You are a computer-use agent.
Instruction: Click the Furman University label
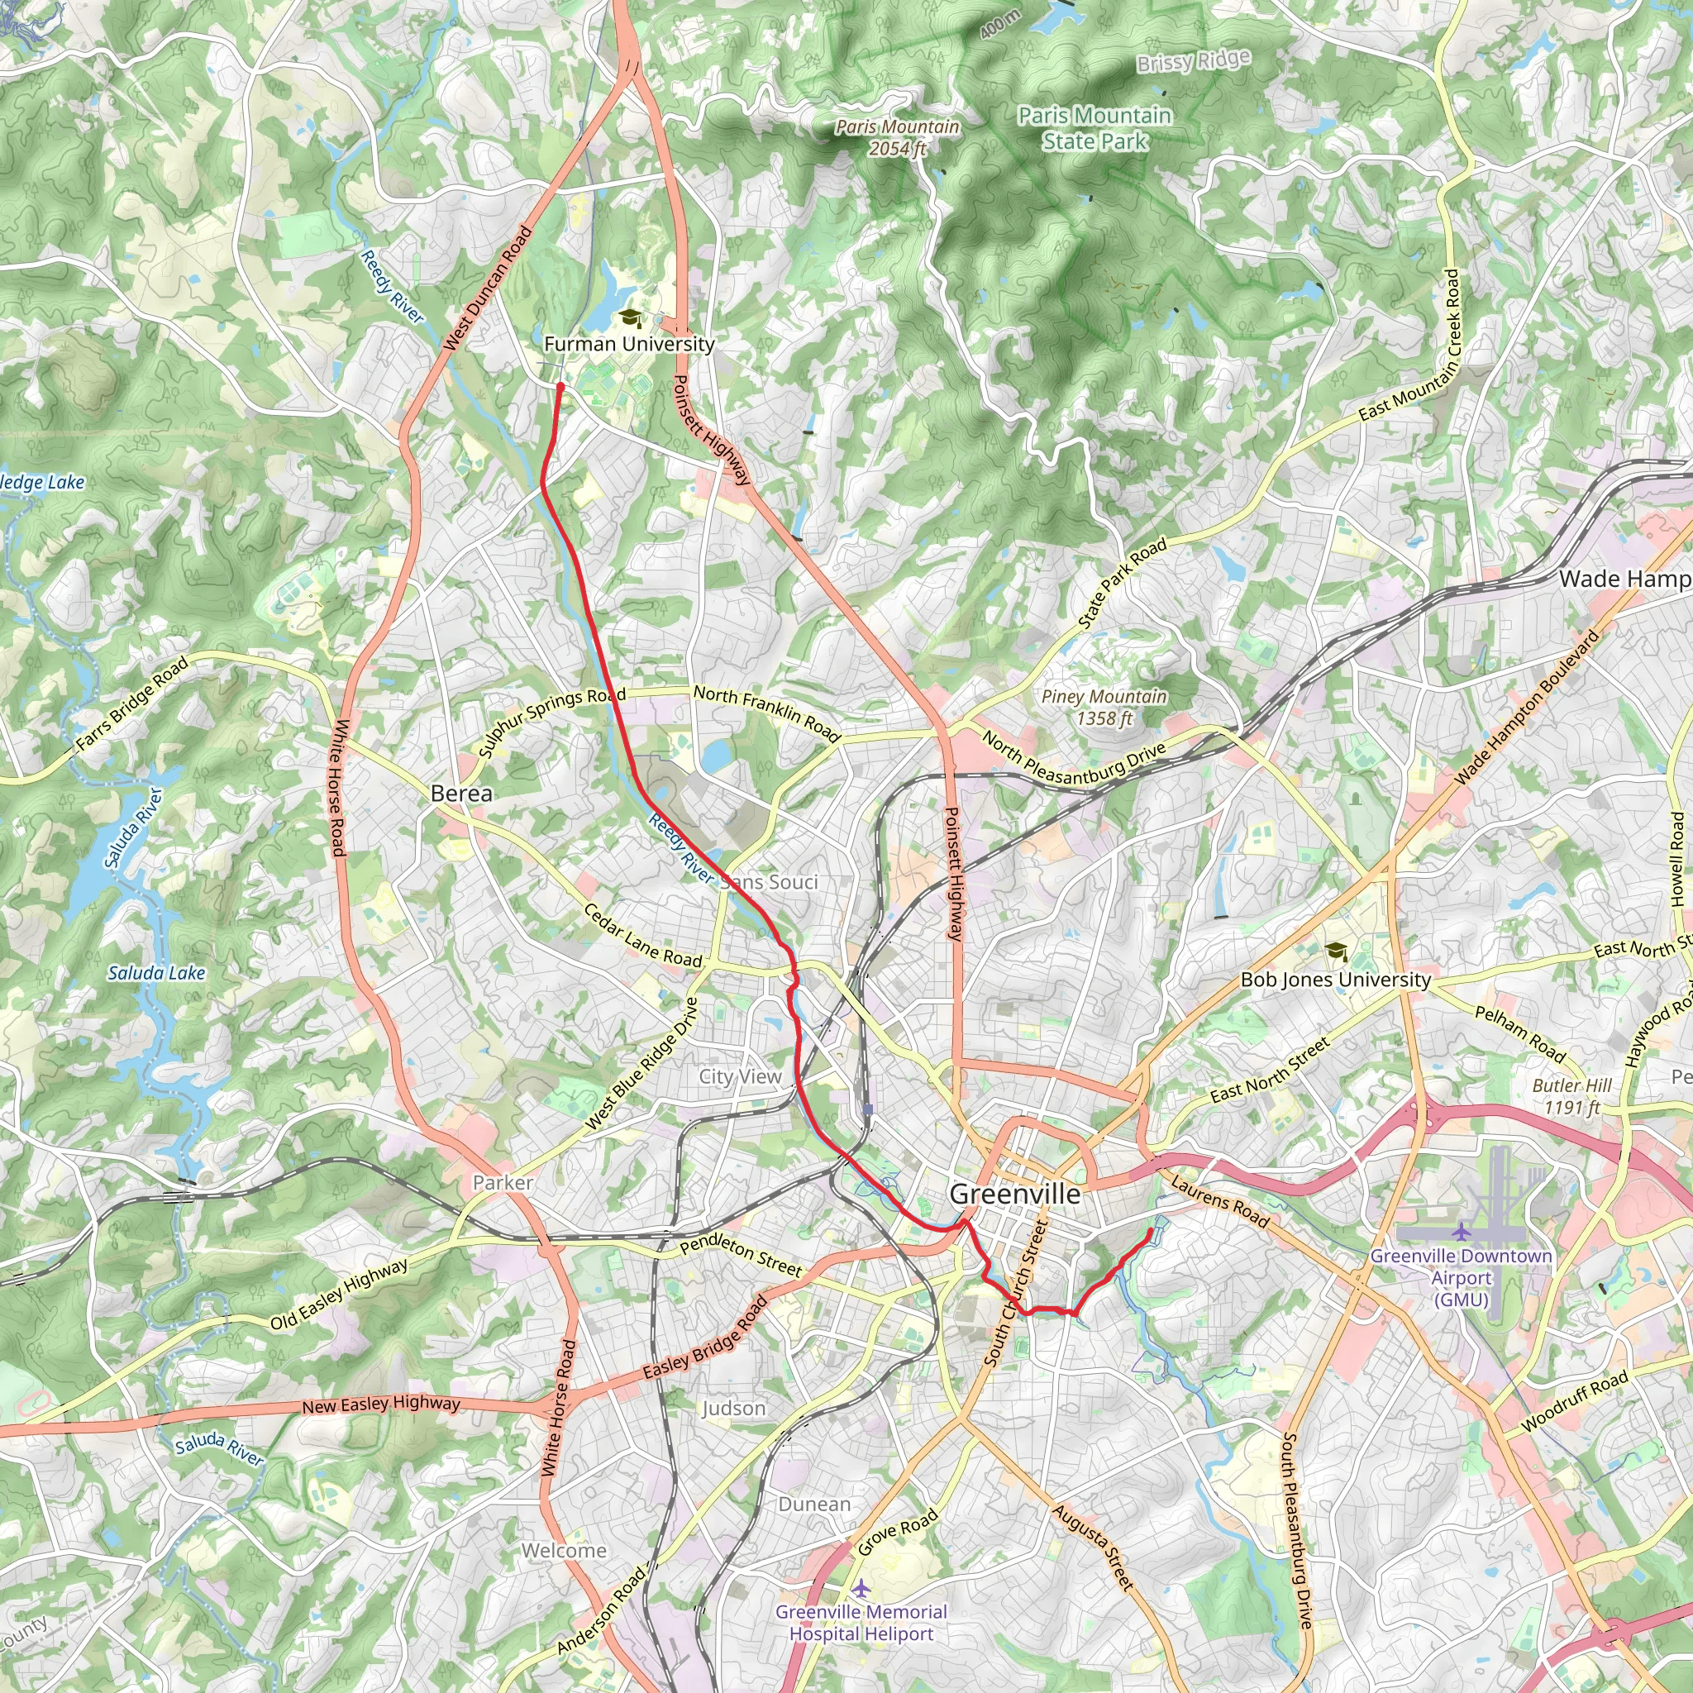[629, 345]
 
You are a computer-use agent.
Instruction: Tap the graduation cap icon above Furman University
[629, 317]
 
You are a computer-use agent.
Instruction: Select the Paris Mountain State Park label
[1094, 128]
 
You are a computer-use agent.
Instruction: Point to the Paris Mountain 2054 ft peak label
[897, 137]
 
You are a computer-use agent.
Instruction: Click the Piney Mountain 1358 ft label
[1104, 707]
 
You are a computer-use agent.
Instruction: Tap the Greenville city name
[1015, 1195]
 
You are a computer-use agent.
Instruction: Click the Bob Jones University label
[1336, 980]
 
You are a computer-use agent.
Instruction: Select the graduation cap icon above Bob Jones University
[1336, 951]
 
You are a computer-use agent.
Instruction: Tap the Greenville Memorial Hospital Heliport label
[861, 1622]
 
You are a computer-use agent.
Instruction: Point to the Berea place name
[461, 793]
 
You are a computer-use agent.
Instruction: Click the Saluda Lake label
[156, 973]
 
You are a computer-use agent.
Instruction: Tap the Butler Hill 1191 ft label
[1572, 1096]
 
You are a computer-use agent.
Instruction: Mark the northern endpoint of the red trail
[560, 385]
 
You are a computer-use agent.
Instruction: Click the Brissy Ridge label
[1194, 61]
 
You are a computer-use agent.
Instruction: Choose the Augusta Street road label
[1093, 1548]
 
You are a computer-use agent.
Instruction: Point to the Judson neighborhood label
[733, 1408]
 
